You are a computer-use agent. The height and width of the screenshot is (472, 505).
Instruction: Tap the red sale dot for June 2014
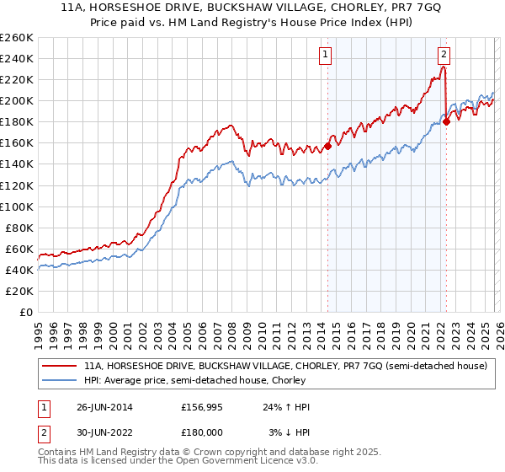(x=327, y=146)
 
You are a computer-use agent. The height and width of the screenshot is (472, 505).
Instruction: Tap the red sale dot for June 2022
(x=446, y=121)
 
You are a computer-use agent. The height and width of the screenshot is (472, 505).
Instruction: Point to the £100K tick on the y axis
(x=17, y=206)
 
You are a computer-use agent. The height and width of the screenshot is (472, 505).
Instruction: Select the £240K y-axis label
(x=17, y=59)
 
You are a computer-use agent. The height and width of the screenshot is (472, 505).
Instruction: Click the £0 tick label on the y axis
(x=26, y=312)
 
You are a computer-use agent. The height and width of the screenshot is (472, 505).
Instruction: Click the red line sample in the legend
(x=60, y=367)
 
